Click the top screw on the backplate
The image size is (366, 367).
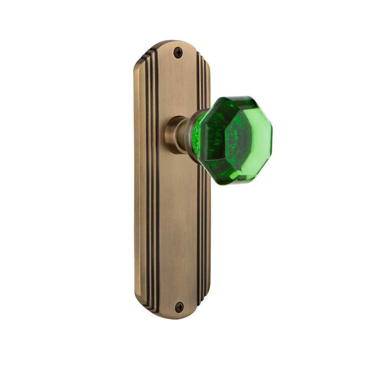[x=178, y=52]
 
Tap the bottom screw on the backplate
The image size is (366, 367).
[x=179, y=307]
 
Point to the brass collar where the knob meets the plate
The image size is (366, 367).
[x=173, y=134]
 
